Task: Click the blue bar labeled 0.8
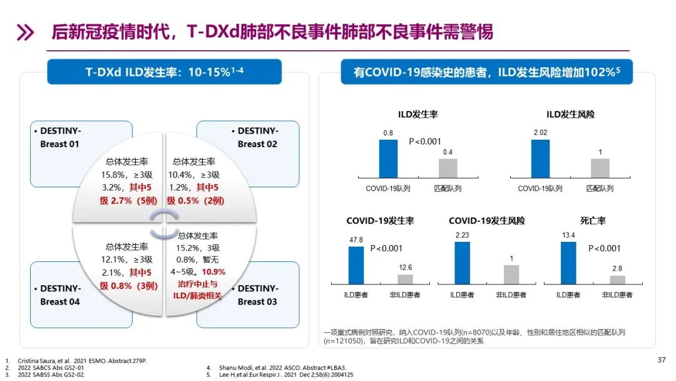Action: coord(388,159)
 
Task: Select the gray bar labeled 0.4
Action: coord(448,168)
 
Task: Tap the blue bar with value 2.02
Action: coord(540,159)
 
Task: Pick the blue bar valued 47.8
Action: coord(356,266)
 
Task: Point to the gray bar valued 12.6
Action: coord(405,279)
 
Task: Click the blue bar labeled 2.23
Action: coord(462,263)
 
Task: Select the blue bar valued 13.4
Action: coord(568,263)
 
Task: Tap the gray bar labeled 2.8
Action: coord(617,280)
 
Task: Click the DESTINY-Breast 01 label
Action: coord(61,137)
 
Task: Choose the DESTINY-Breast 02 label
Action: coord(258,137)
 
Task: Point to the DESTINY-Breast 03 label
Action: coord(258,295)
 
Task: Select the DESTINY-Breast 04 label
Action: coord(61,295)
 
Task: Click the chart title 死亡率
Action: coord(593,221)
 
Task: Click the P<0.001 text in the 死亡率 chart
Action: coord(605,249)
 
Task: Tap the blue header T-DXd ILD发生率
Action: coord(165,72)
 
